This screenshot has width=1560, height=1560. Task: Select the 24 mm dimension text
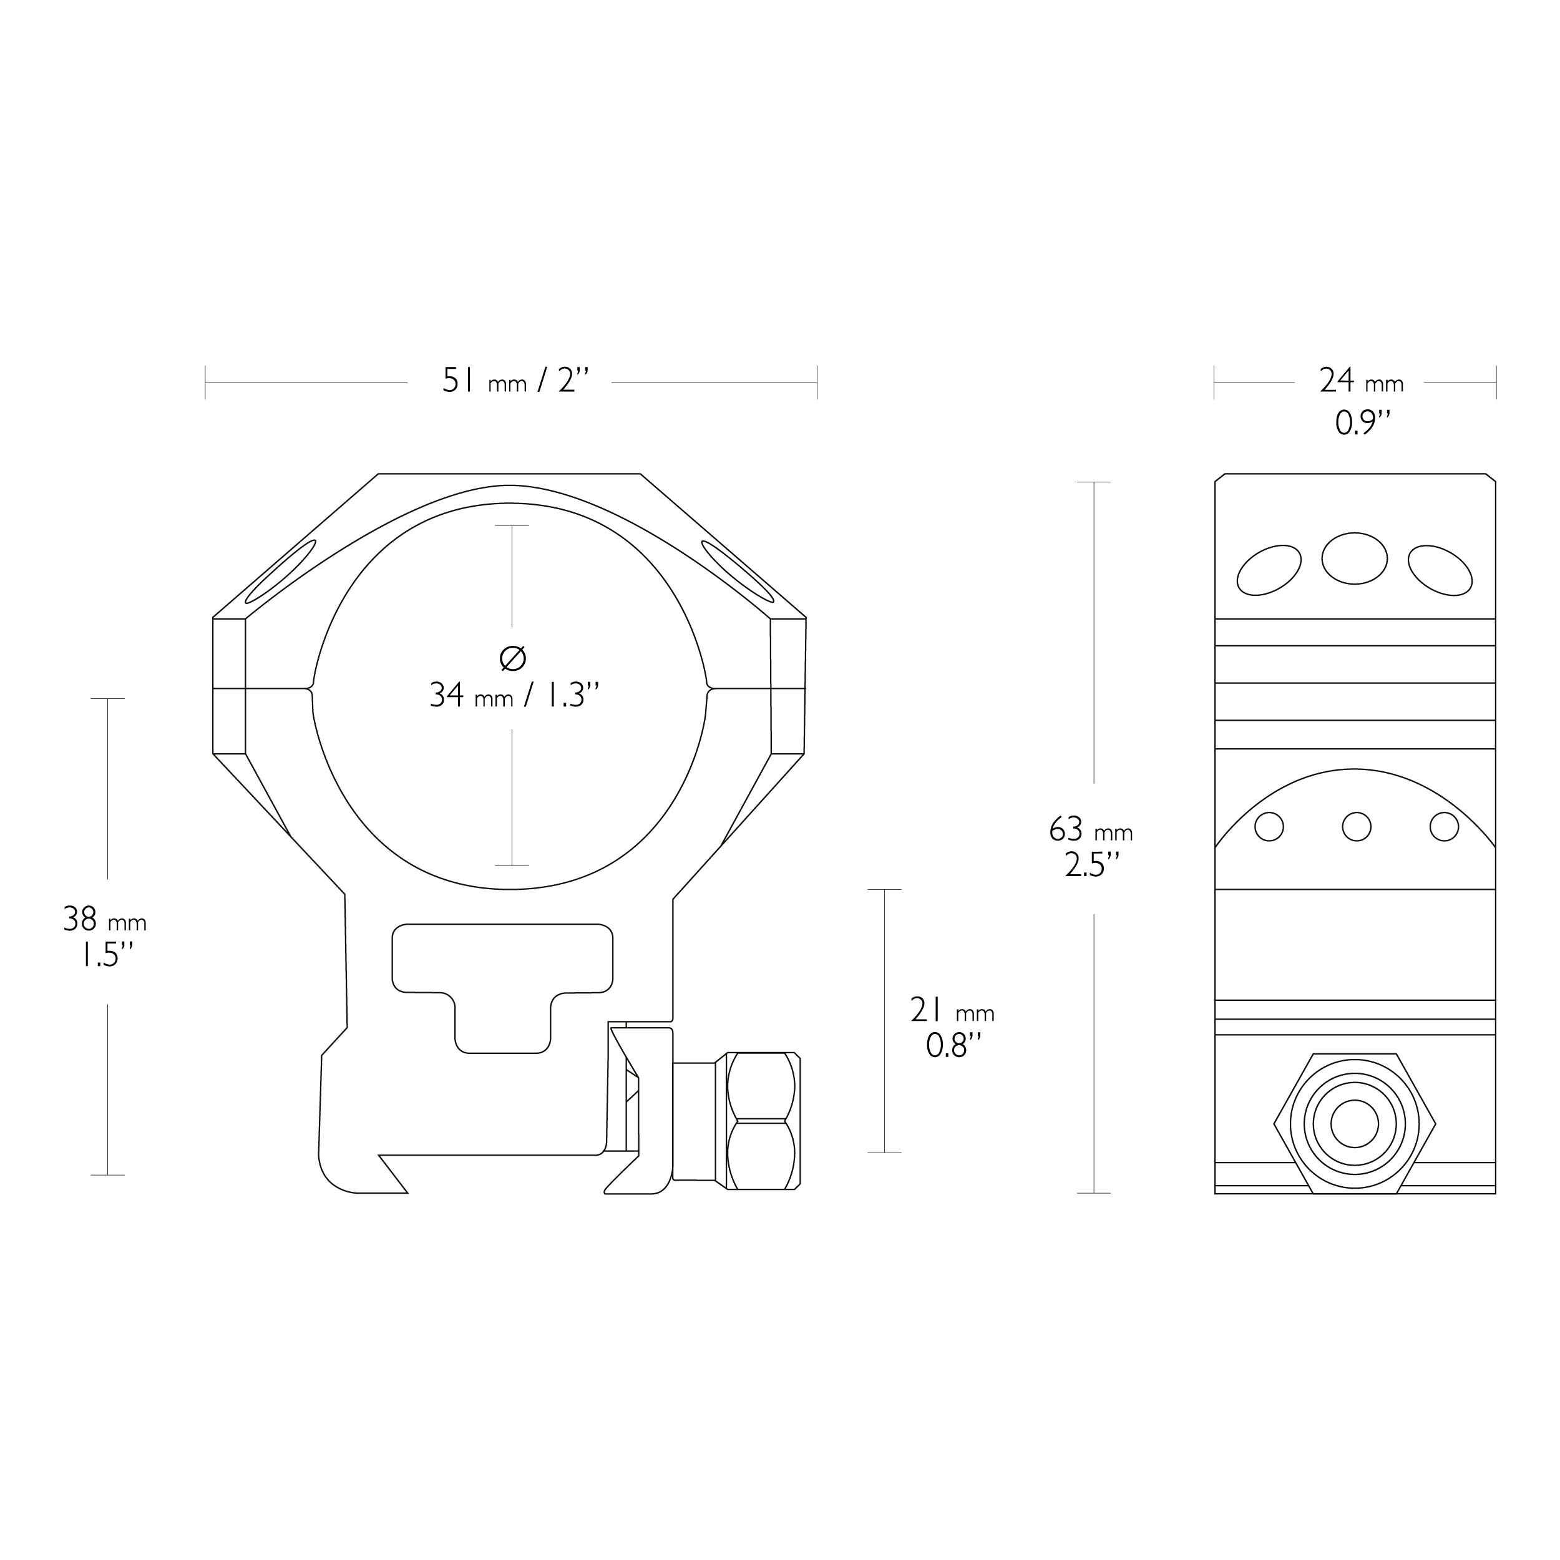[1362, 381]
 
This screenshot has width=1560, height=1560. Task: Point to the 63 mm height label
[1090, 830]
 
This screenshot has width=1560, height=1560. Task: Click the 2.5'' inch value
[1091, 866]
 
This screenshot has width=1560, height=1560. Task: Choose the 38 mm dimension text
[105, 920]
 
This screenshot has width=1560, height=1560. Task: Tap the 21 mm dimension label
[952, 1010]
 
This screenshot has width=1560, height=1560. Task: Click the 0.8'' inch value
[953, 1046]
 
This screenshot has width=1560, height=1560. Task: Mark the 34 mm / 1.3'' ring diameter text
[514, 695]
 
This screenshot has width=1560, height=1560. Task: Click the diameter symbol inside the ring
[513, 659]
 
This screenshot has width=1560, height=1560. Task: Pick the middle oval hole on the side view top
[1354, 558]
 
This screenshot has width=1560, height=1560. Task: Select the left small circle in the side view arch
[1269, 827]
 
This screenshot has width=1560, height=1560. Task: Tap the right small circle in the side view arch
[1444, 827]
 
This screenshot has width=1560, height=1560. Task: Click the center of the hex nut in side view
[1354, 1123]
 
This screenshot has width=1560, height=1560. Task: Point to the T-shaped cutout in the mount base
[502, 977]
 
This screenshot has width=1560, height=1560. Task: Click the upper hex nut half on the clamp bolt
[761, 1087]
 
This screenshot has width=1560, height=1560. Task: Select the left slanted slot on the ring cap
[280, 572]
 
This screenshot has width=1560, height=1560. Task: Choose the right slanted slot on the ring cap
[737, 572]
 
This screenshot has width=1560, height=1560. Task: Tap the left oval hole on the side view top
[1269, 571]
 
